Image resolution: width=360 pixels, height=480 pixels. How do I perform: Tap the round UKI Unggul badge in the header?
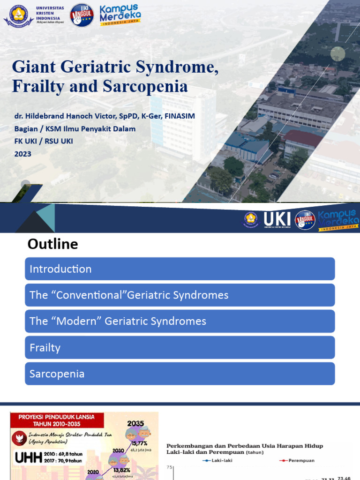tap(82, 15)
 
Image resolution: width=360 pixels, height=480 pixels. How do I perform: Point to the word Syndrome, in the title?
tap(176, 67)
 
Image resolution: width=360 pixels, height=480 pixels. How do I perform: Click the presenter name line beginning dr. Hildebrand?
tap(103, 116)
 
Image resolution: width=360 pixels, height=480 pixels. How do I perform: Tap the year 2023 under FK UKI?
tap(22, 154)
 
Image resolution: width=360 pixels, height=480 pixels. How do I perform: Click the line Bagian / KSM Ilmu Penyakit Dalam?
tap(75, 128)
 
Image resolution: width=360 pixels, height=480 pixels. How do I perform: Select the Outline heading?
tap(52, 244)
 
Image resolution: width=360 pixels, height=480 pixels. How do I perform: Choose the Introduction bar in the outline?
tap(180, 269)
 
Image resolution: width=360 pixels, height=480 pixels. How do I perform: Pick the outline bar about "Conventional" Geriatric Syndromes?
tap(180, 295)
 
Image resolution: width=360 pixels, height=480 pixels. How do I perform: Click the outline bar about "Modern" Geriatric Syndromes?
tap(180, 322)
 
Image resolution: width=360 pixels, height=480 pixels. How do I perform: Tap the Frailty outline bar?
tap(180, 348)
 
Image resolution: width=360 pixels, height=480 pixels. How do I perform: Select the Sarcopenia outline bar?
tap(180, 374)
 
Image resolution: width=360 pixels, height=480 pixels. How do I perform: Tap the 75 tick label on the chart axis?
tap(170, 467)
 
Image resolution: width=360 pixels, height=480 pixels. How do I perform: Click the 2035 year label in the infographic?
tap(135, 423)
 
